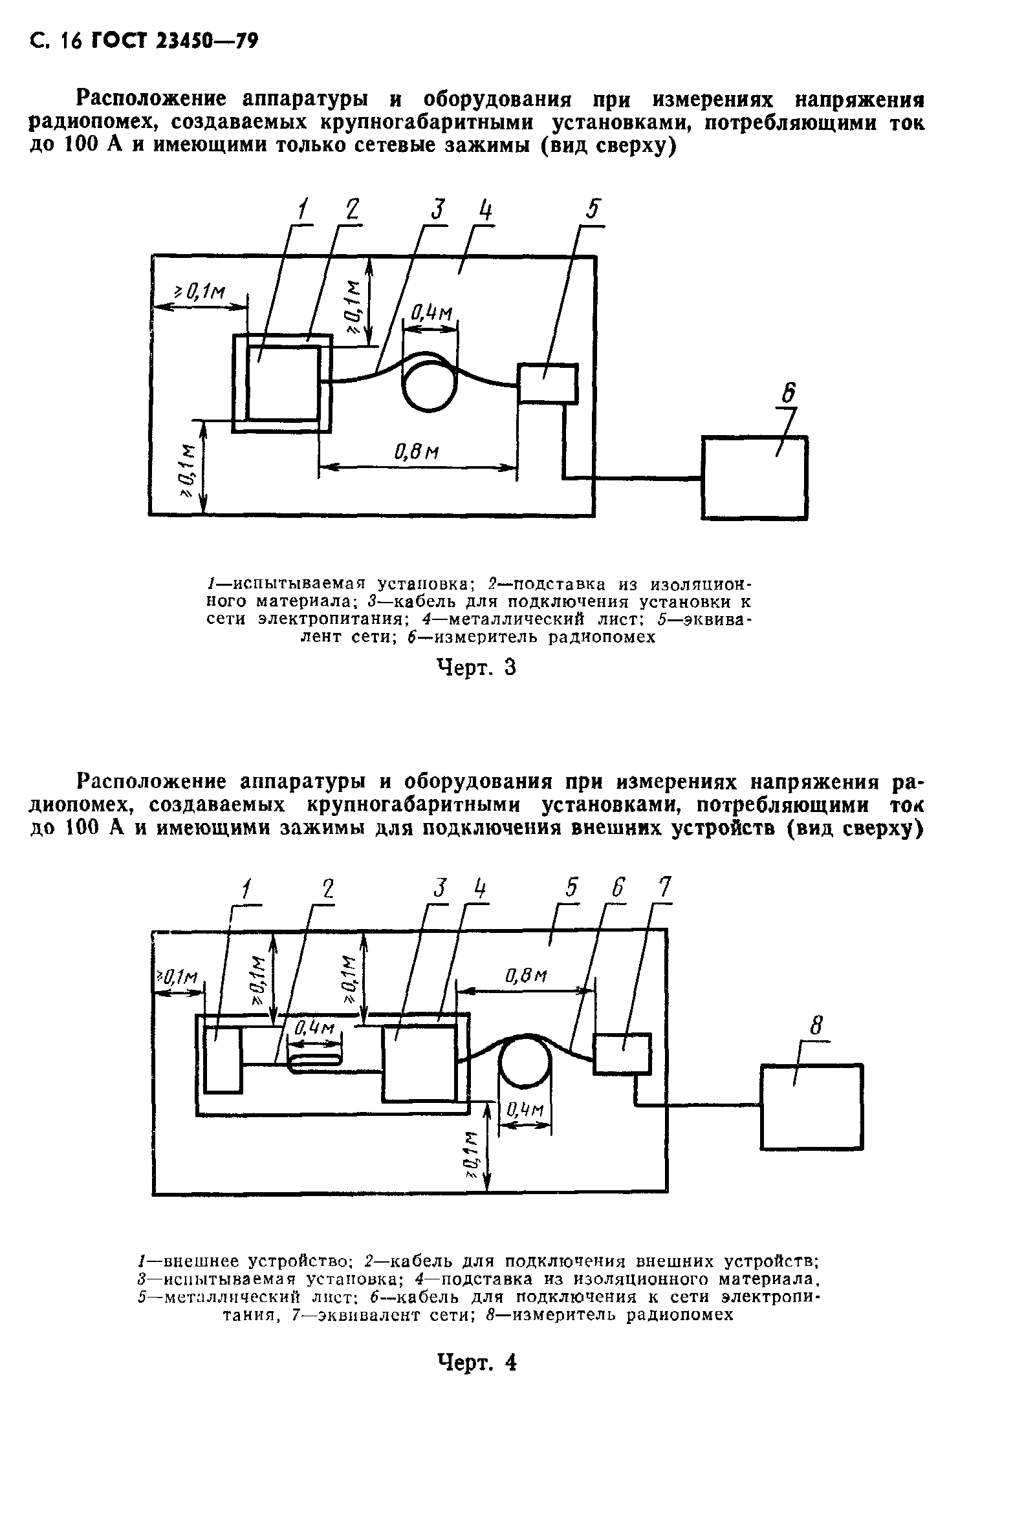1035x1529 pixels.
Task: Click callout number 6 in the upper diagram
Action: [788, 394]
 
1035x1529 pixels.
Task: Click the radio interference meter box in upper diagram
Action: [754, 478]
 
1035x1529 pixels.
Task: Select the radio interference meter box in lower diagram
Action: [811, 1107]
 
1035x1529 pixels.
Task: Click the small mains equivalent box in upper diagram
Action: [547, 383]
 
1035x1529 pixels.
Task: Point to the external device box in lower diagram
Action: [223, 1058]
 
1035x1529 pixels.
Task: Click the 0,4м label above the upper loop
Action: [431, 313]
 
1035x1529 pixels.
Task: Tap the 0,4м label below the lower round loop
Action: [525, 1111]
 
